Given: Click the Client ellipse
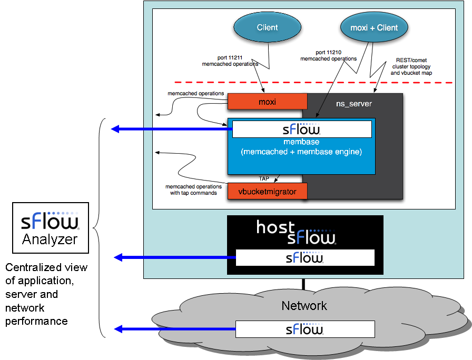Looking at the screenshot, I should coord(267,28).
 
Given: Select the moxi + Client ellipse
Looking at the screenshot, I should coord(374,28).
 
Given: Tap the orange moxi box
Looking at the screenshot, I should coord(267,101).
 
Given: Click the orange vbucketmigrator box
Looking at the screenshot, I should coord(267,191).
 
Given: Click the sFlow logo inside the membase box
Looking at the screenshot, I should coord(302,129).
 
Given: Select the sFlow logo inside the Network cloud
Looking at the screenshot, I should coord(304,329).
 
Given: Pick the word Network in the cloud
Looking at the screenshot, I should coord(304,306).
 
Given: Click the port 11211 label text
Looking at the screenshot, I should coord(230,60).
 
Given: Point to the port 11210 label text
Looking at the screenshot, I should coord(328,55).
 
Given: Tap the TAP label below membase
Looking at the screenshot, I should coord(264,178).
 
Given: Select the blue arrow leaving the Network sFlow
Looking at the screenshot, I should coord(174,329).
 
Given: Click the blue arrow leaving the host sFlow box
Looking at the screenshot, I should coord(174,257).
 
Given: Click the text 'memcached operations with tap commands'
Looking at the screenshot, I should coord(194,189).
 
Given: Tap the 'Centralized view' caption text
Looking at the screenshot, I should coord(46,294).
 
